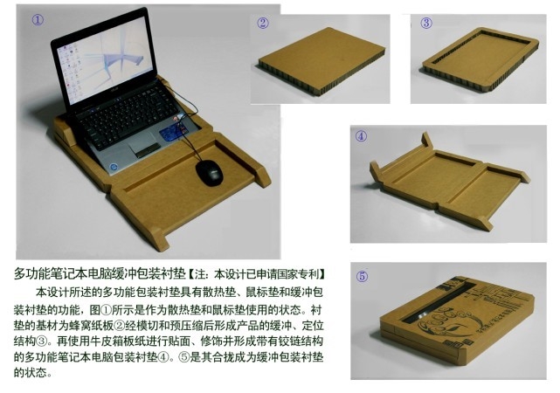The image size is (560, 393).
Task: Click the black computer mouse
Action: pos(210,173)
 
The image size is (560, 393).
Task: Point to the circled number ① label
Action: pos(38,19)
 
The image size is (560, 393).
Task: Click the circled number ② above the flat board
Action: pos(262,24)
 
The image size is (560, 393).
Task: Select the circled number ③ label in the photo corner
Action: pos(426,24)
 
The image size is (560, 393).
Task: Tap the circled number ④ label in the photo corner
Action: pos(361,136)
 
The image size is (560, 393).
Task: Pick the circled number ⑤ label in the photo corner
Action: pos(362,276)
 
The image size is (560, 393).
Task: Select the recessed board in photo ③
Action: pos(480,59)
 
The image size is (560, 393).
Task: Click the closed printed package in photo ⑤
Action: pos(457,320)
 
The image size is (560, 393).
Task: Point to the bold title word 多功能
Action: pos(30,273)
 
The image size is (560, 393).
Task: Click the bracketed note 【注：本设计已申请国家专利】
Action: pos(257,274)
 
